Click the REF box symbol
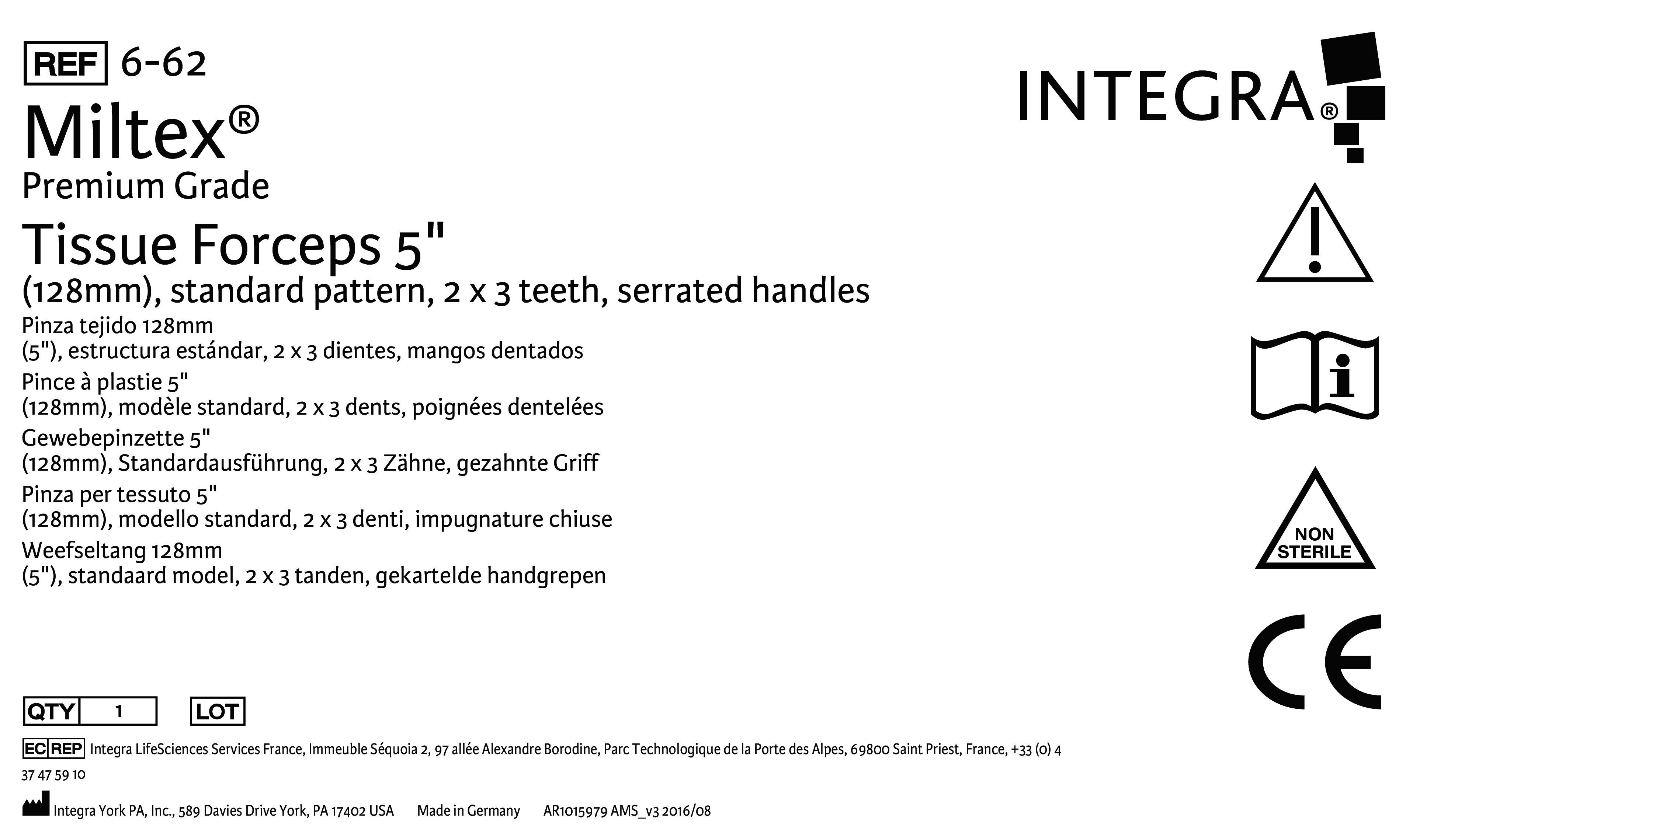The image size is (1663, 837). (65, 63)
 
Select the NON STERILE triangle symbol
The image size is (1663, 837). (1315, 520)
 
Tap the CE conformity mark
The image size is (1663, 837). (1315, 662)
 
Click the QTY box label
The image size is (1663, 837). (51, 711)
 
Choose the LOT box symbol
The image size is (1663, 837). (218, 711)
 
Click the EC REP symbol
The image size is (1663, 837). (53, 749)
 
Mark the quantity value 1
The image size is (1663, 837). (119, 711)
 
